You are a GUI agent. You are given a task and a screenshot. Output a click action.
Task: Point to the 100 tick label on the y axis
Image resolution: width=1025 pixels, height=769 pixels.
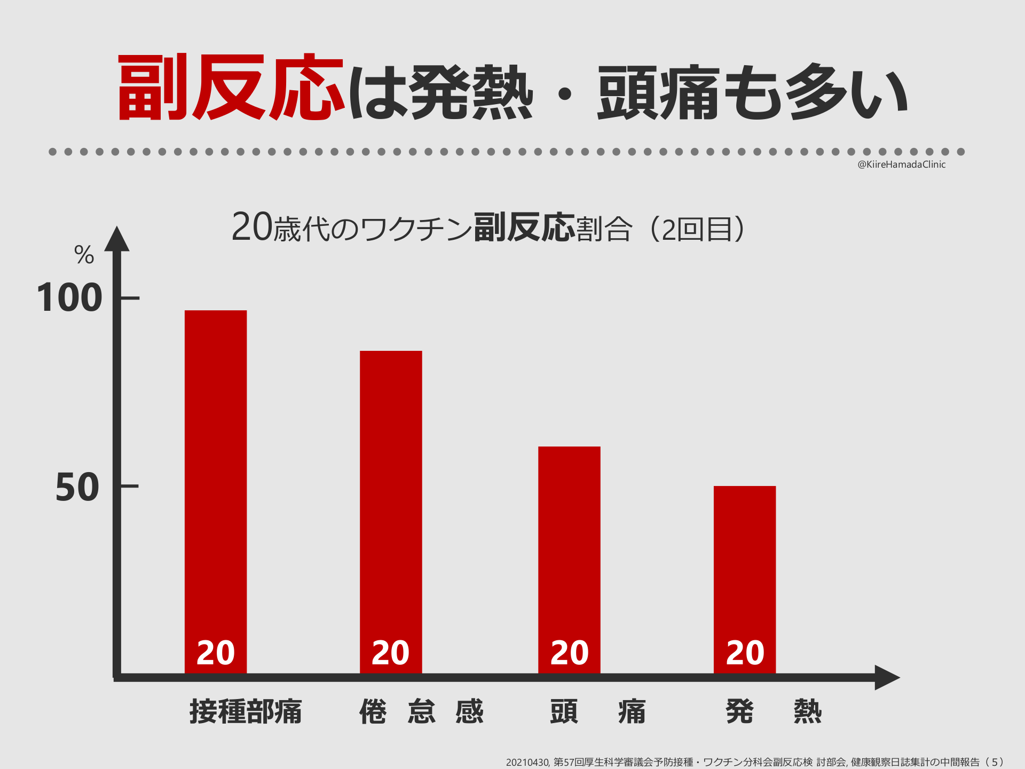69,298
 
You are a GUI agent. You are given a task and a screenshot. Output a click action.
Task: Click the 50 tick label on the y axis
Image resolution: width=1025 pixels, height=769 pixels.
77,487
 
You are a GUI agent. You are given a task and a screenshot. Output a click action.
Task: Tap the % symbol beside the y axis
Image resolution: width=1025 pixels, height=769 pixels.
84,255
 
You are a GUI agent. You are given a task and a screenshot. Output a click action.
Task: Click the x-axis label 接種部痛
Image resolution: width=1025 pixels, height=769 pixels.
246,711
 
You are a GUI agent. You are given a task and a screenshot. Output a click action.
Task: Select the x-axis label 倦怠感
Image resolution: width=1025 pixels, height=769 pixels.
421,711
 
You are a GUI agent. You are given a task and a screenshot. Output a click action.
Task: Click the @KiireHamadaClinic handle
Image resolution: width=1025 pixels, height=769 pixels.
901,164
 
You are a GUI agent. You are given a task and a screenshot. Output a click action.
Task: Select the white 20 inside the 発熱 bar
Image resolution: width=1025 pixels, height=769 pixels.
745,653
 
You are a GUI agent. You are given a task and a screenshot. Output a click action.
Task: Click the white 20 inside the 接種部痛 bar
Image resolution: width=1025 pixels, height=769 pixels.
216,653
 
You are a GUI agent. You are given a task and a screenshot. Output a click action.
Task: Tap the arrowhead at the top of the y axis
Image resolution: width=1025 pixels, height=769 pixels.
117,239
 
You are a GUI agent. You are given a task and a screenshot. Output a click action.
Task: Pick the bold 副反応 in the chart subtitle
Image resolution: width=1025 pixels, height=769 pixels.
524,227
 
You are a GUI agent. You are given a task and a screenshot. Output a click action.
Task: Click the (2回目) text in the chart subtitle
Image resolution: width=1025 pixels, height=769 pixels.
697,229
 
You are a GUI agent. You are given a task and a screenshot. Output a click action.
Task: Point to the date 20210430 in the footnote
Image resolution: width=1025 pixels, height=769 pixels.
527,762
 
